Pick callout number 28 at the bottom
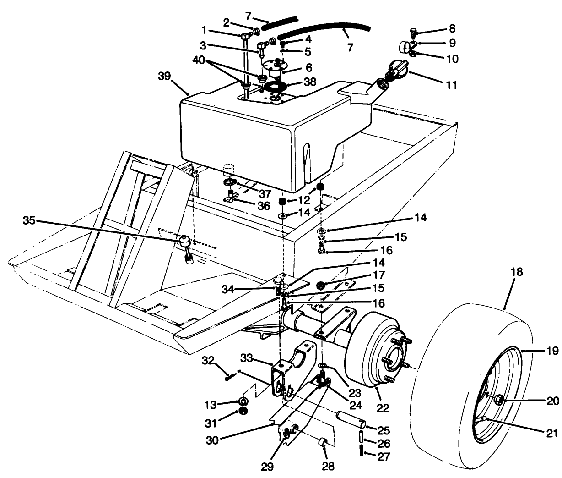(x=328, y=467)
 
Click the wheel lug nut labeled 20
(x=499, y=400)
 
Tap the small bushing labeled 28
(x=323, y=443)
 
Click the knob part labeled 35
(x=184, y=239)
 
